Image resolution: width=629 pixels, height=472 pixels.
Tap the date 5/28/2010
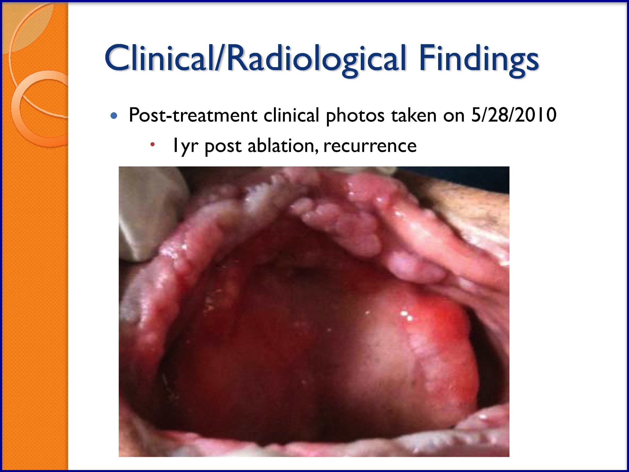514,115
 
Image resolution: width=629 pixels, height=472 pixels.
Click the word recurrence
370,146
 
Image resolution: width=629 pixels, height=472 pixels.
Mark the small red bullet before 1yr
152,145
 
